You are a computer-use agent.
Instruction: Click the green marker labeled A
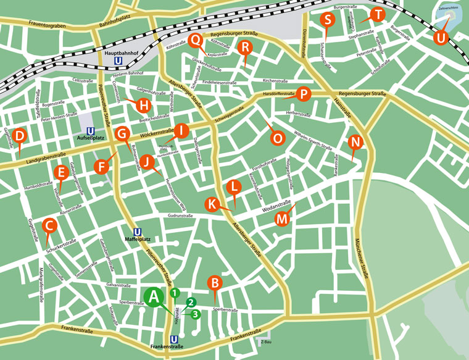(155, 297)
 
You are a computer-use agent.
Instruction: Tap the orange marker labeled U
(439, 37)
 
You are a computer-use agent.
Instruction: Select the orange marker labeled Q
(196, 40)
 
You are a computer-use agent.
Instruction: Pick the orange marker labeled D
(20, 136)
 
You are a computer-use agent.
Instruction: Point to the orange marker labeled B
(215, 283)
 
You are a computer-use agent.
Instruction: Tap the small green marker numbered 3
(196, 314)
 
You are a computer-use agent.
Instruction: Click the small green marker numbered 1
(175, 293)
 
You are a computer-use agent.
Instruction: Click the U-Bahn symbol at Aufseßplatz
(91, 131)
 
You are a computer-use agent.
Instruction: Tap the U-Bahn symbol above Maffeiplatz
(138, 232)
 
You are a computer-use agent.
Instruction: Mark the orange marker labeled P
(303, 94)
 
